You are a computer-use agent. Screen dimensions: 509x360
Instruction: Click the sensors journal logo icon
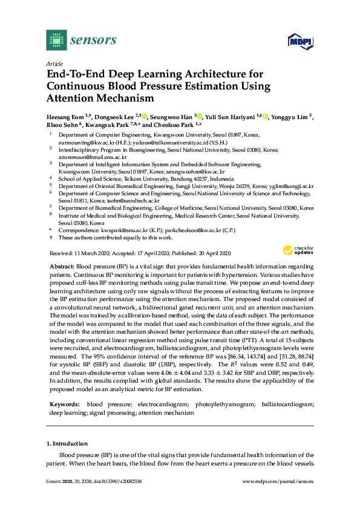point(56,40)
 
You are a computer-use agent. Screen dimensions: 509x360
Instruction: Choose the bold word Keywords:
point(63,386)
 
